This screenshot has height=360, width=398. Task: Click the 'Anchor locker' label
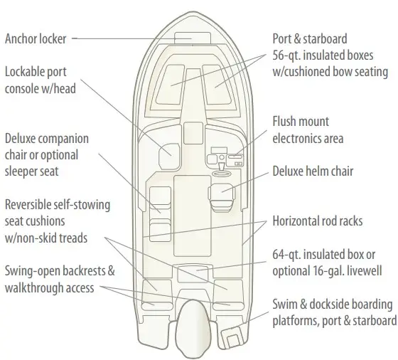(36, 39)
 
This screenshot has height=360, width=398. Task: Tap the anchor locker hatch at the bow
(193, 38)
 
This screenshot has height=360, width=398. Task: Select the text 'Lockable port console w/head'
(41, 80)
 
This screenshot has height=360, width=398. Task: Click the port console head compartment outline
(169, 156)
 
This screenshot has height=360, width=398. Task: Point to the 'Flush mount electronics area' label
(308, 129)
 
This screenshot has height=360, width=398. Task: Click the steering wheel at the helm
(222, 174)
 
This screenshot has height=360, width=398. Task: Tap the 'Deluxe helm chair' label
(313, 171)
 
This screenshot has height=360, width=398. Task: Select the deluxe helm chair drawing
(222, 198)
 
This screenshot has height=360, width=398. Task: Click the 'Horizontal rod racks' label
(318, 221)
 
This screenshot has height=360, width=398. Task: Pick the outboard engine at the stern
(193, 329)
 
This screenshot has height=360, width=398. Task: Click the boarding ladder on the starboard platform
(232, 337)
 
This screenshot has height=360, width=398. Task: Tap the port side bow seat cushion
(170, 85)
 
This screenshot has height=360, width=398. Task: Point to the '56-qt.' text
(286, 55)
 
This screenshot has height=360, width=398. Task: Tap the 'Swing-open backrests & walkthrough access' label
(60, 279)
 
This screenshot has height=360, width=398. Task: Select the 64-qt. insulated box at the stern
(193, 273)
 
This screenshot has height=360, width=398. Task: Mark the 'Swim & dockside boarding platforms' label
(334, 312)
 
